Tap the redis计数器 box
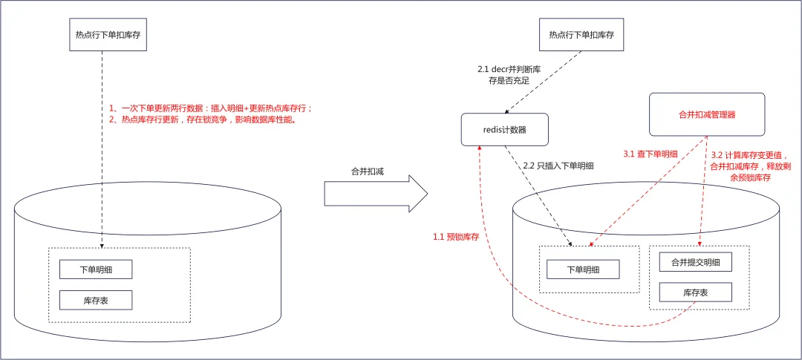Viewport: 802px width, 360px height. [504, 129]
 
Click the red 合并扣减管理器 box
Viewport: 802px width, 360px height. [707, 114]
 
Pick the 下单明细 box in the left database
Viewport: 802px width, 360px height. [96, 269]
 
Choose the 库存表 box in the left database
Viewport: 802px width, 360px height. [96, 300]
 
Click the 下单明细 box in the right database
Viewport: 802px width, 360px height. [583, 269]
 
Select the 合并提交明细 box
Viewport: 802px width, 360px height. [696, 262]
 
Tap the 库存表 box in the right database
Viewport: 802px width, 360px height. [696, 292]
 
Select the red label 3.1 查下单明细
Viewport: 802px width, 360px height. [650, 154]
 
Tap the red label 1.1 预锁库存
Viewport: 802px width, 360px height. [453, 238]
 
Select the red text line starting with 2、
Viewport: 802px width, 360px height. [203, 120]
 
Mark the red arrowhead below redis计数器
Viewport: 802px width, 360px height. [480, 148]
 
